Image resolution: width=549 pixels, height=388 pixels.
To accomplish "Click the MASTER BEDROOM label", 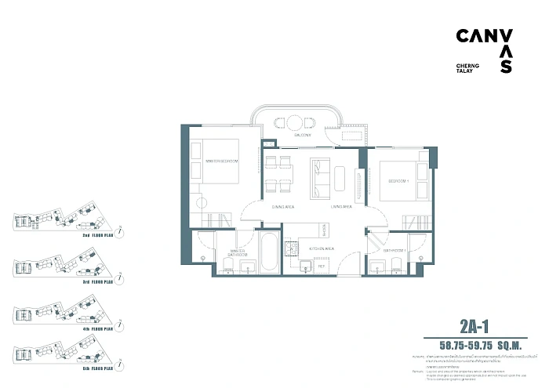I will coord(221,161).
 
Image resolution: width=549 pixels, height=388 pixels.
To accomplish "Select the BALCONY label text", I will coord(303,136).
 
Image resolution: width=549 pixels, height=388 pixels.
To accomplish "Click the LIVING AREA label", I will coord(341,207).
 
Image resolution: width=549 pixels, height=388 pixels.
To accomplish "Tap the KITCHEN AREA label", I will coord(322,248).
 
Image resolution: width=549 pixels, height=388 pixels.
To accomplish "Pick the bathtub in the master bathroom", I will coord(268,252).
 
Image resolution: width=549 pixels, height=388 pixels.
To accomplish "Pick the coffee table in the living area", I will coord(340,177).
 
